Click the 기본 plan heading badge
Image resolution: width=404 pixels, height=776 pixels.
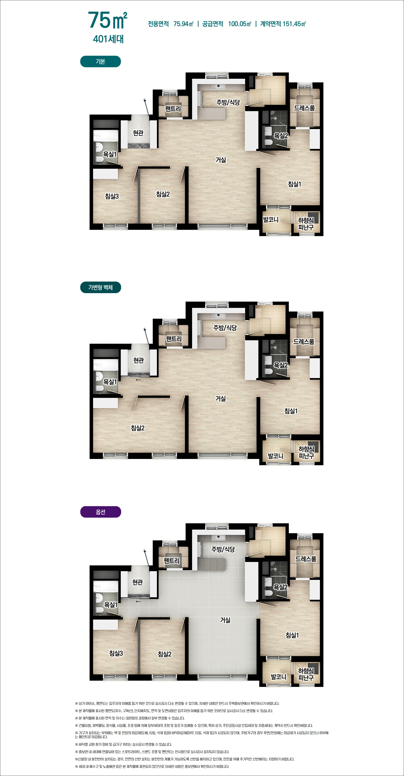[100, 61]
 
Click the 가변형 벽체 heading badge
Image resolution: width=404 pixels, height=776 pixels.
[100, 287]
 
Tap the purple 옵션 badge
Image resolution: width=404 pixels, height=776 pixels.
[100, 512]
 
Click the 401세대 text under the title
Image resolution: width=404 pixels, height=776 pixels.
[109, 39]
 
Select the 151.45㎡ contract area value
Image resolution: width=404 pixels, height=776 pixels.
[294, 24]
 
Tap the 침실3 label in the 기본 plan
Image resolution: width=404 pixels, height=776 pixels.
[112, 196]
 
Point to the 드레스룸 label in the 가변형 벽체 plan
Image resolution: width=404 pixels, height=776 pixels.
[304, 342]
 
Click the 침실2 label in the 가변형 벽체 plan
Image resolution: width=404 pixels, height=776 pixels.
[138, 428]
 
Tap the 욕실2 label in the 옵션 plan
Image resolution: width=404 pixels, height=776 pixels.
[280, 587]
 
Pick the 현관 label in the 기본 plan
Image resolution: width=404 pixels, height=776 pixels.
[138, 133]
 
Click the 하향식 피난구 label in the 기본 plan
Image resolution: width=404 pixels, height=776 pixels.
[306, 224]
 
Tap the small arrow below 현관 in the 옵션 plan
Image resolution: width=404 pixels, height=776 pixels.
[138, 602]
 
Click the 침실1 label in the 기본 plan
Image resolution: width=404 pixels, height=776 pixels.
[294, 184]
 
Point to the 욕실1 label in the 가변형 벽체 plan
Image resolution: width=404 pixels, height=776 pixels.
[110, 382]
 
